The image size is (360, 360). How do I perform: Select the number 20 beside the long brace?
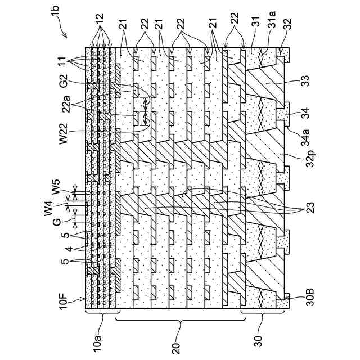[x=178, y=341]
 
